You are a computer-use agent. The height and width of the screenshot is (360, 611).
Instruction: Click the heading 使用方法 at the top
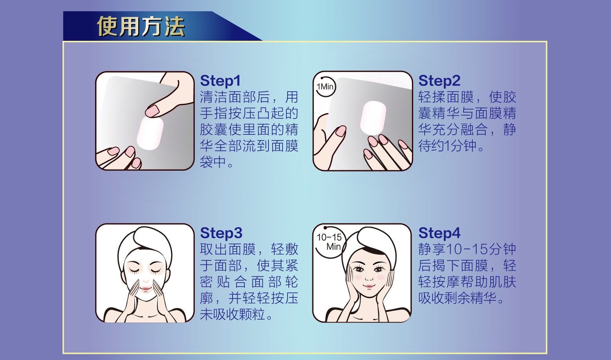(x=141, y=27)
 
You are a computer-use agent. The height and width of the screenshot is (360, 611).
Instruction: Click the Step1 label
(x=220, y=81)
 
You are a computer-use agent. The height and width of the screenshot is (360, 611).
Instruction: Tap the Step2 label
(x=439, y=81)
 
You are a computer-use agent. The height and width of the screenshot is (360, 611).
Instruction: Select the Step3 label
(x=221, y=233)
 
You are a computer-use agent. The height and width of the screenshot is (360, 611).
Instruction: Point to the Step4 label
(x=439, y=233)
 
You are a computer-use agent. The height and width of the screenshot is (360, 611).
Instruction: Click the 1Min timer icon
(x=325, y=87)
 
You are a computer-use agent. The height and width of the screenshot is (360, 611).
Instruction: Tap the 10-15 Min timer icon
(x=329, y=242)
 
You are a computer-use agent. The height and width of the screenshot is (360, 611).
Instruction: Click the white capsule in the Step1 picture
(x=150, y=133)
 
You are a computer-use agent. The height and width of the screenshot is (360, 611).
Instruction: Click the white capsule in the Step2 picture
(x=373, y=118)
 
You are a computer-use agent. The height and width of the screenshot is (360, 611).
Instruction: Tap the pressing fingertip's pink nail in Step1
(x=152, y=111)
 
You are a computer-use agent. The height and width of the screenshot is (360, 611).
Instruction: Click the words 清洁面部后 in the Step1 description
(x=235, y=97)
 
